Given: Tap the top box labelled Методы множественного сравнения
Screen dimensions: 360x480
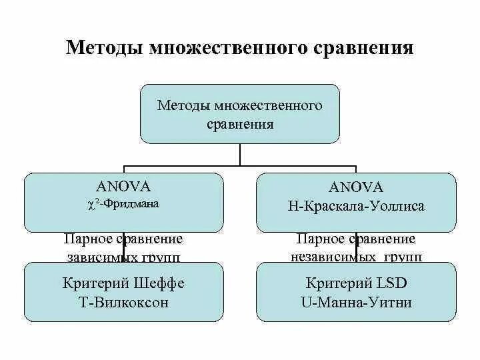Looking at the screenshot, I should pos(239,114).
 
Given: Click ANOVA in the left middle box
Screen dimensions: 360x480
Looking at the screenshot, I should pos(124,187).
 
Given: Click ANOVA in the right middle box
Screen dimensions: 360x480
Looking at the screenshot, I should pos(356,187).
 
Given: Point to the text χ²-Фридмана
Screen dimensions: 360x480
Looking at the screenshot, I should pos(124,204).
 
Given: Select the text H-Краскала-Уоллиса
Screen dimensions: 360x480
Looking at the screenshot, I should pos(356,206).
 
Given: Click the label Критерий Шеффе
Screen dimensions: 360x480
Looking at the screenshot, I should pos(123,283).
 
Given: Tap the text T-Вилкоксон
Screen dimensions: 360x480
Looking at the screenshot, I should pos(123,302).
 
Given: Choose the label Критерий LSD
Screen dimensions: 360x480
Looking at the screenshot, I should pos(356,283).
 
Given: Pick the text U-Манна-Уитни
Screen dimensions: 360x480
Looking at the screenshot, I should pos(356,302).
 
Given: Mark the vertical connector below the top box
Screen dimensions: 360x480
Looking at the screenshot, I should pos(240,154).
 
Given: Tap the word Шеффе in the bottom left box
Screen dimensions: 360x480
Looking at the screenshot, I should pos(160,283).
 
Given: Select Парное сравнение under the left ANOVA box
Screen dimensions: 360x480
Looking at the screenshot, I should pos(123,239).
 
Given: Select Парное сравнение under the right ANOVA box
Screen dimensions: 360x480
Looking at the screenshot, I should pos(356,239).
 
